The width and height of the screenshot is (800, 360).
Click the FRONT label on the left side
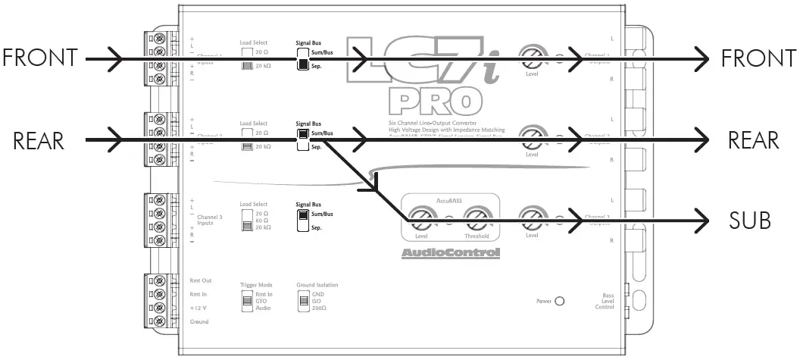click(40, 58)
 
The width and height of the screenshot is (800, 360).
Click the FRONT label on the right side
click(752, 58)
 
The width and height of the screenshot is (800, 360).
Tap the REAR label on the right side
click(753, 140)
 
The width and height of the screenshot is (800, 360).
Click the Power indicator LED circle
click(560, 301)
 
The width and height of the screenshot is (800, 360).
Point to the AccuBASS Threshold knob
click(477, 220)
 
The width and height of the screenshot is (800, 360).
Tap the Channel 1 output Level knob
click(532, 58)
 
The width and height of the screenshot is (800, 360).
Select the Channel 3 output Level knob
click(532, 220)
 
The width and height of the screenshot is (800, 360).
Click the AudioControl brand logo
click(450, 253)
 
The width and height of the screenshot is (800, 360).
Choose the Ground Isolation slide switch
click(304, 302)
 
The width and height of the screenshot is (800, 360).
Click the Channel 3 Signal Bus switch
click(302, 220)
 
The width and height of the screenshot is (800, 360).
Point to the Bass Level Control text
click(603, 301)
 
